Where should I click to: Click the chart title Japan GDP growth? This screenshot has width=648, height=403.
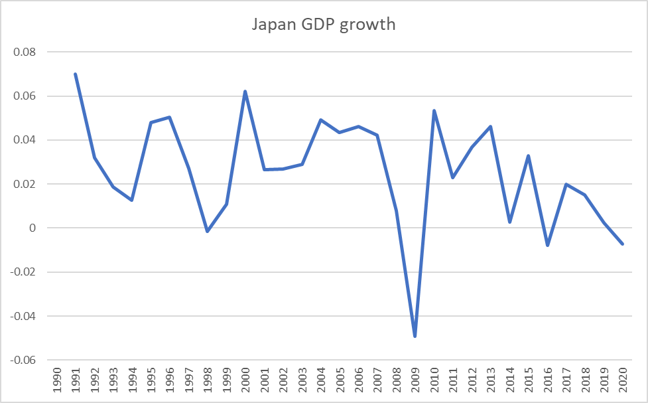pos(324,24)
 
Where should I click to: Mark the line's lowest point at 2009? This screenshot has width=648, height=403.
pos(415,336)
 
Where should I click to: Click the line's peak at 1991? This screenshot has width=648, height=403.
pos(76,74)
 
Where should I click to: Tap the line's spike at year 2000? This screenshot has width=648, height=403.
pos(245,92)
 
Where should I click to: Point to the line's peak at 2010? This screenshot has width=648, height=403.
pos(434,111)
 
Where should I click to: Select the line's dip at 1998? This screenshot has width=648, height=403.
pos(208,231)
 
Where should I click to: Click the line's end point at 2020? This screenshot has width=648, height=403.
pos(623,244)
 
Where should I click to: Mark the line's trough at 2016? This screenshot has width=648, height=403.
pos(547,245)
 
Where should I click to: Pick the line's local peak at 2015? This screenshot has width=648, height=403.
pos(529,156)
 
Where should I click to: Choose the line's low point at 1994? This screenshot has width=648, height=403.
pos(133,200)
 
